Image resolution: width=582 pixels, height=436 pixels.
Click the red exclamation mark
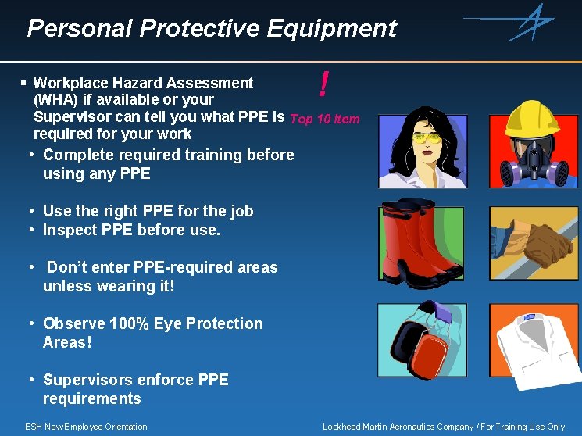tap(323, 84)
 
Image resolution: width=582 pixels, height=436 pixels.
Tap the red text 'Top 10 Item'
tap(324, 120)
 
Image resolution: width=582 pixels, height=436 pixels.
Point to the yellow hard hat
tap(534, 118)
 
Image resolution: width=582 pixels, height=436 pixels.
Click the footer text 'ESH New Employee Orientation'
tap(86, 427)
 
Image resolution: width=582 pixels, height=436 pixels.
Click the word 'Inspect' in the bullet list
tap(70, 230)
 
